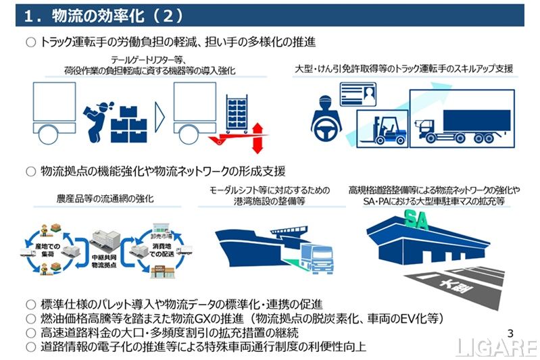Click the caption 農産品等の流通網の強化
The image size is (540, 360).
[x=105, y=199]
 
